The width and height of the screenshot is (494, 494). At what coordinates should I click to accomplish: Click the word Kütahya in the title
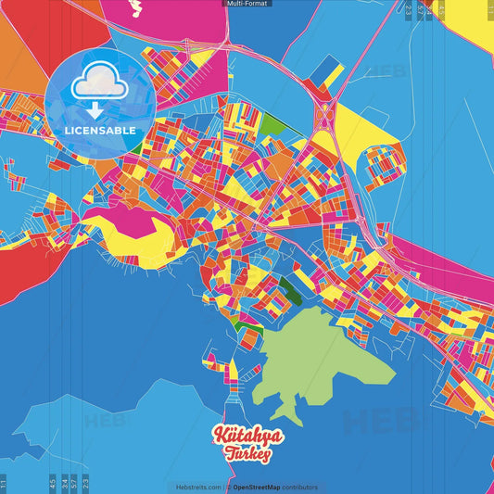[x=247, y=437]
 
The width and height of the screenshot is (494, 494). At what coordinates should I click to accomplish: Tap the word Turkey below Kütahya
[x=247, y=454]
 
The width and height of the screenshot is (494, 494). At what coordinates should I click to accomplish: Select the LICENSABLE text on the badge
[x=99, y=131]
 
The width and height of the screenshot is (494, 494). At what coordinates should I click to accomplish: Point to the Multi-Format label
[x=247, y=4]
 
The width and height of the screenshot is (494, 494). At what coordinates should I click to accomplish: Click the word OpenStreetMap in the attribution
[x=261, y=487]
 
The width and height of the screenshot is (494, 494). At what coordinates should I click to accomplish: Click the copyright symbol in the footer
[x=229, y=487]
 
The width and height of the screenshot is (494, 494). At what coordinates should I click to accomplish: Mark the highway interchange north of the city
[x=326, y=116]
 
